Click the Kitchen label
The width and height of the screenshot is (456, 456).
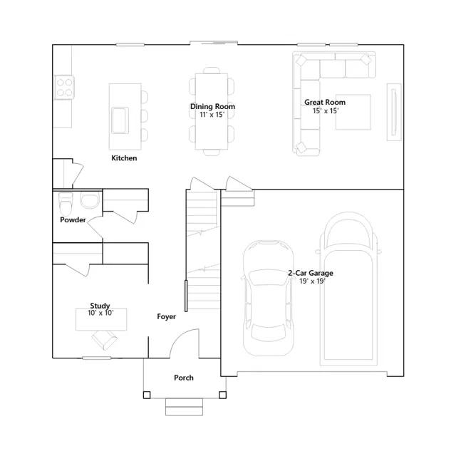124,158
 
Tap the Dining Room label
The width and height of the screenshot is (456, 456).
212,106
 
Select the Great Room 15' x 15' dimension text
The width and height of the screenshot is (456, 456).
326,111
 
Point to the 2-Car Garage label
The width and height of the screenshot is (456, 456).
311,273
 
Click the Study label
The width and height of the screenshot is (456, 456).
100,306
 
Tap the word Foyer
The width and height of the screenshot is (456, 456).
166,316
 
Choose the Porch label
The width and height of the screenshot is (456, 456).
184,378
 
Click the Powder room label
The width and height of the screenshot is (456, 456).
73,219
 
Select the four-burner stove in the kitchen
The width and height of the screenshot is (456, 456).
64,87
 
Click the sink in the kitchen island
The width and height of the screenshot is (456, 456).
120,120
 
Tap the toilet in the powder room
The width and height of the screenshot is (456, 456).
66,204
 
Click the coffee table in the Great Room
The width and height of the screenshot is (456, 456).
353,112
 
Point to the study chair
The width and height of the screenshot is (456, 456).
105,340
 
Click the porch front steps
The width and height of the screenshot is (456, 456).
184,407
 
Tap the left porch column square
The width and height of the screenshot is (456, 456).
147,395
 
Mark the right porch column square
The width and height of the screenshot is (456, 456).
223,395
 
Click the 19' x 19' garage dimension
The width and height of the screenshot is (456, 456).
312,281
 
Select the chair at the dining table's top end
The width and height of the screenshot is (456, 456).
212,70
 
